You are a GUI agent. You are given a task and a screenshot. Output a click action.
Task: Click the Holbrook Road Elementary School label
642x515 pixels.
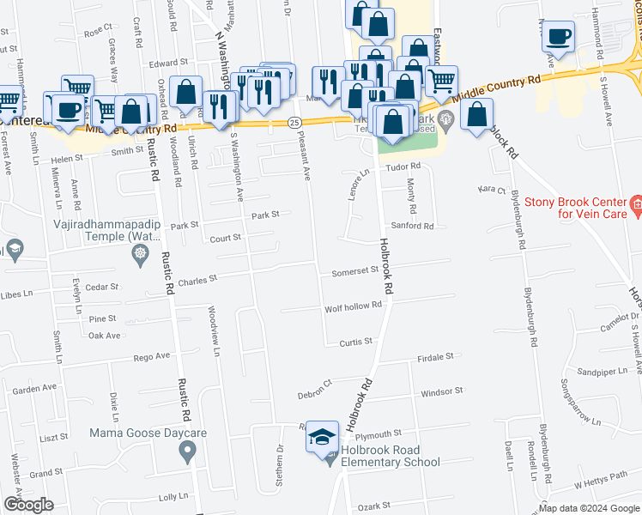(390, 455)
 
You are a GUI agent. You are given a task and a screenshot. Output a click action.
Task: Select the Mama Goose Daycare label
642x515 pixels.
(148, 433)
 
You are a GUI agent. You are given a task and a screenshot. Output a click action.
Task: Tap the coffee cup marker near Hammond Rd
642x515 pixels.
(558, 36)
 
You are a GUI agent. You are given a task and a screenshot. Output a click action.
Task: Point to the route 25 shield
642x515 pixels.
(294, 124)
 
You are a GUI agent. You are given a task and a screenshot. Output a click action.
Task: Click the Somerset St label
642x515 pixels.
(355, 270)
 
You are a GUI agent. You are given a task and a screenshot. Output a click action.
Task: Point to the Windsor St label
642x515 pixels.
(442, 391)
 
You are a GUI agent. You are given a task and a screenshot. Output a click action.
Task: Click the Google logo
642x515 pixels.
(28, 505)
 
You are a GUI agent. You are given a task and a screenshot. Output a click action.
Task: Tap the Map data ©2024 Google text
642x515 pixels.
(588, 508)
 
